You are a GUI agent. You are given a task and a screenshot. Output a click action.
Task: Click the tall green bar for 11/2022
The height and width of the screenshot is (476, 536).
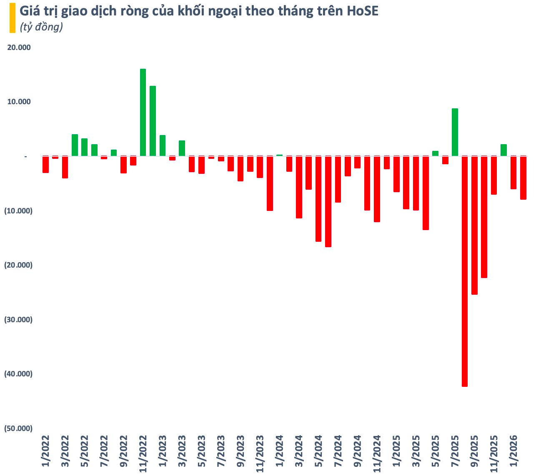(143, 113)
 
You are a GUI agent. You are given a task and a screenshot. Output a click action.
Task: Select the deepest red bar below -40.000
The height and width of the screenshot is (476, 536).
(465, 271)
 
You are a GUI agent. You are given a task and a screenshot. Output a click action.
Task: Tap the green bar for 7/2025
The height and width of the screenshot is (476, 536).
(455, 132)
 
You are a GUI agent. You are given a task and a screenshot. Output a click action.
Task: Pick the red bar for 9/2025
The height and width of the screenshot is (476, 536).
(474, 225)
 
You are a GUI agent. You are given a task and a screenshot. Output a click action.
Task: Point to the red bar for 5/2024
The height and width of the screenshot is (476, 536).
(318, 199)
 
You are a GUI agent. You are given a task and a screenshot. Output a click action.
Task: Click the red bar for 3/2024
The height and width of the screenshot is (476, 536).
(299, 187)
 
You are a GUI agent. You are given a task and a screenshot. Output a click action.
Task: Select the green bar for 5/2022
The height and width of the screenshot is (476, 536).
(84, 147)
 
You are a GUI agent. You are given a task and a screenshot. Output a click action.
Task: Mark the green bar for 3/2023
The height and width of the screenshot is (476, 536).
(182, 148)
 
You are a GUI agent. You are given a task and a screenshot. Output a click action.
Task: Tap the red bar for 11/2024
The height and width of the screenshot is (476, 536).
(377, 189)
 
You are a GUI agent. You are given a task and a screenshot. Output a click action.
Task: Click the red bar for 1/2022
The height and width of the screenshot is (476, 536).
(45, 164)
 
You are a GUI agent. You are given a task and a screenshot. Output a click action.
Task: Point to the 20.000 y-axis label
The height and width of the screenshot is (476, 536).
(19, 48)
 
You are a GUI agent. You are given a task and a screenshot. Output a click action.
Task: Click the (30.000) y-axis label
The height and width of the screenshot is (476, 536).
(18, 320)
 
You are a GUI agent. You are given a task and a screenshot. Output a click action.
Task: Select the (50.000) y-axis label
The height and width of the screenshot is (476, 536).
(18, 428)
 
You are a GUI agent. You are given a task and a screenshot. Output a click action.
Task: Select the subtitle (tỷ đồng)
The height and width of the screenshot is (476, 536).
(41, 27)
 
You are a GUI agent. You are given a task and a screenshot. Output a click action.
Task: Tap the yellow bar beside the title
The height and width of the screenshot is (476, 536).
(12, 18)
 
